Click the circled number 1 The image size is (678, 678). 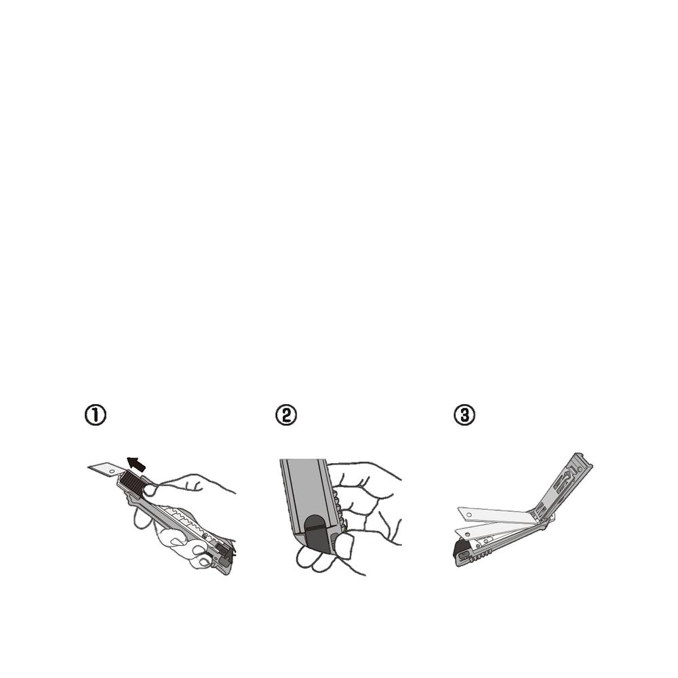click(95, 415)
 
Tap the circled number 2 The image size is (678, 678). click(286, 415)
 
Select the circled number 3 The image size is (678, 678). click(464, 415)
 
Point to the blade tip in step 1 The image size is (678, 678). click(88, 467)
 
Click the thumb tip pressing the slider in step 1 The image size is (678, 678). click(150, 490)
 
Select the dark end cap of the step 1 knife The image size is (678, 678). click(225, 553)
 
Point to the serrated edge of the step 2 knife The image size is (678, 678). click(339, 508)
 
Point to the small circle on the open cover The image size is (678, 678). click(580, 468)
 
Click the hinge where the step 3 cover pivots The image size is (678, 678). click(546, 523)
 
